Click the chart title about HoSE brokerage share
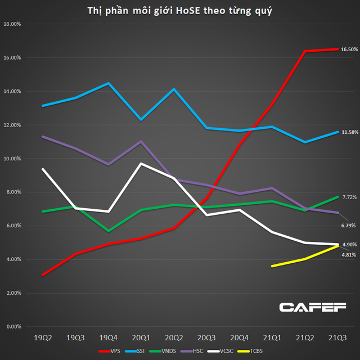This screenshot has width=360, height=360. (x=180, y=11)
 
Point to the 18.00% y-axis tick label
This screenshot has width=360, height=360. (x=13, y=24)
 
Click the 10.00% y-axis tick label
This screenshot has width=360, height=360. (x=13, y=159)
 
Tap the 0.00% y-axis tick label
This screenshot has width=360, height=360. (x=15, y=326)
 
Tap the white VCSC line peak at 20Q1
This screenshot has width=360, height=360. (x=141, y=164)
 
